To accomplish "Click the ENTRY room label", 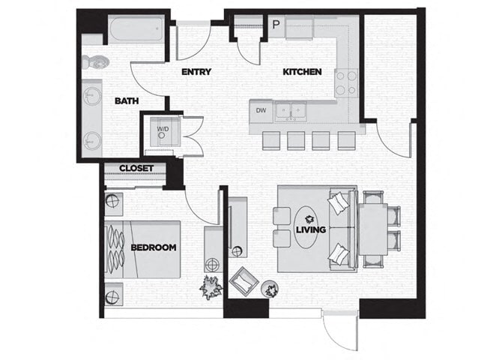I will click(x=196, y=72).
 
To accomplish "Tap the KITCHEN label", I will click(x=302, y=72).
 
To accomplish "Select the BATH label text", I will click(x=124, y=100).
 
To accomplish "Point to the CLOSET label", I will click(x=136, y=168).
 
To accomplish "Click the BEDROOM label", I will click(x=154, y=247).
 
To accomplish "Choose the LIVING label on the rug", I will click(x=310, y=229).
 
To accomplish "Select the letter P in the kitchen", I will click(x=275, y=25).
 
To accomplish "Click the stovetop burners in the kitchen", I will click(x=345, y=82).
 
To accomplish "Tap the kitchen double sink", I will click(x=291, y=111).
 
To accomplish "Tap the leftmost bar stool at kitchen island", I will click(x=270, y=140).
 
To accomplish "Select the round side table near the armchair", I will click(x=270, y=288).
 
